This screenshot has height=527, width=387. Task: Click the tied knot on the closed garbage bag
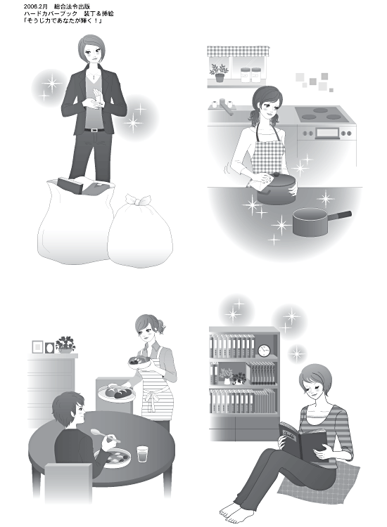[x=139, y=201]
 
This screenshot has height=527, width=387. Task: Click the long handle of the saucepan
[x=339, y=216]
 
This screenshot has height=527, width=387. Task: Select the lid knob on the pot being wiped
[x=277, y=175]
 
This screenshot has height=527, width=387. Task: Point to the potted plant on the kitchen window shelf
[x=219, y=73]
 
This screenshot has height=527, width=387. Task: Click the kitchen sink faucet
[x=225, y=107]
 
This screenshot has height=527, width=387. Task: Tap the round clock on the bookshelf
[x=264, y=351]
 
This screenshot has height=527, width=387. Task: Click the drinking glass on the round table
[x=143, y=454]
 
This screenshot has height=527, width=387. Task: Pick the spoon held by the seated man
[x=105, y=435]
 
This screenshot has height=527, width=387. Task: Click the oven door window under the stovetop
[x=327, y=133]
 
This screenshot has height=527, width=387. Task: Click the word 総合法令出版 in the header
[x=72, y=7]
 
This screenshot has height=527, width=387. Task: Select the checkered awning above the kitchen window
[x=239, y=51]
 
